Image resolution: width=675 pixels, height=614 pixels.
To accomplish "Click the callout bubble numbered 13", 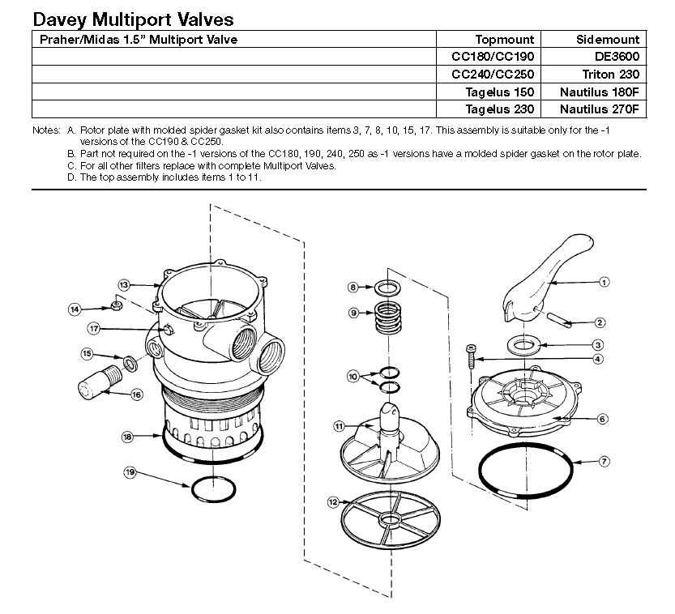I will point(124,285).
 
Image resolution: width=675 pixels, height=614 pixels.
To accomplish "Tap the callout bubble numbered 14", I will point(74,309).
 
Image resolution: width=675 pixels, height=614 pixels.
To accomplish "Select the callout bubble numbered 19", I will point(130,472).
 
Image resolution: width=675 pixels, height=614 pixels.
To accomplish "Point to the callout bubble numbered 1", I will point(604,283).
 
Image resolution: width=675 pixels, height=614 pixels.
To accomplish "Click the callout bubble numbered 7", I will point(604,462).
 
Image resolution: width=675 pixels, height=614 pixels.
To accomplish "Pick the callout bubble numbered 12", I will point(333,502).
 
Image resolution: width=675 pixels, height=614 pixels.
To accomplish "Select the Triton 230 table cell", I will point(613,74).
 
